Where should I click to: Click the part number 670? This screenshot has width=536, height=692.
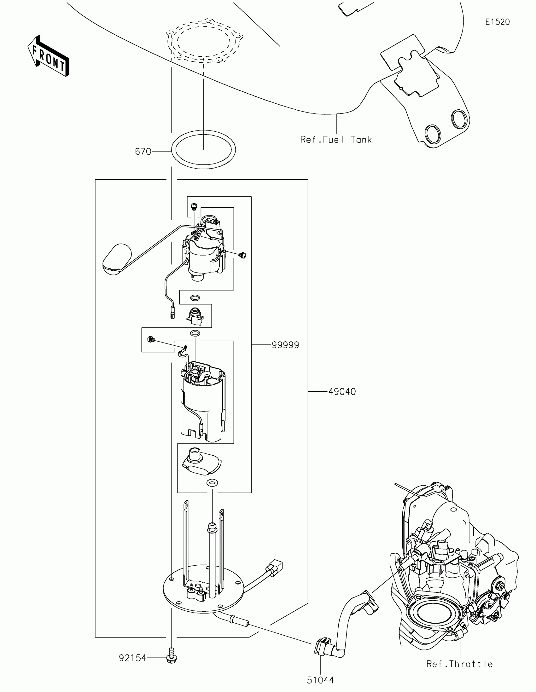[143, 152]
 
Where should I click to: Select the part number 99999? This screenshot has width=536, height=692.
[285, 345]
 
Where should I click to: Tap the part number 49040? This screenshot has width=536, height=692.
[342, 392]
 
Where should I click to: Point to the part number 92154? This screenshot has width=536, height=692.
[132, 658]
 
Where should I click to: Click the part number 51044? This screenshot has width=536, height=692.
[320, 680]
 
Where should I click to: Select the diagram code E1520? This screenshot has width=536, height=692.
[497, 22]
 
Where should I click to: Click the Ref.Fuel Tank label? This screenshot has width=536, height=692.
[336, 140]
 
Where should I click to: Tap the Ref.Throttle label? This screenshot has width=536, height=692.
[459, 664]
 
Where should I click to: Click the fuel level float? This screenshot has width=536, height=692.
[117, 259]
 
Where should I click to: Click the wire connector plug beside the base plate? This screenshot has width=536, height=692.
[275, 566]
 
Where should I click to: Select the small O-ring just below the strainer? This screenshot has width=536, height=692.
[212, 483]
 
